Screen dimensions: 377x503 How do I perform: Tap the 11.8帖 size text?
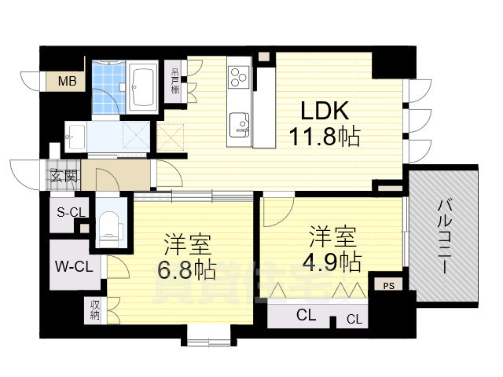tap(323, 137)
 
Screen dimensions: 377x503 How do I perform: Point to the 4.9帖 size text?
tap(332, 261)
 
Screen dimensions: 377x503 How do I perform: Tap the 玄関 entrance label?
tap(64, 176)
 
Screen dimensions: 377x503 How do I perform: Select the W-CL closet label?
tap(73, 265)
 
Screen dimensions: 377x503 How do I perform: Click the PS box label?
tap(389, 286)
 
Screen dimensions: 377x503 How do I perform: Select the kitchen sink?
tap(238, 123)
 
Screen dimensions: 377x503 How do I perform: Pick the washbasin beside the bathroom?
tap(75, 135)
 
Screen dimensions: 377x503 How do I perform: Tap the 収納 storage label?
tap(94, 311)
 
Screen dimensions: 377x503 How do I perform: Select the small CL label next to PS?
tap(354, 319)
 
